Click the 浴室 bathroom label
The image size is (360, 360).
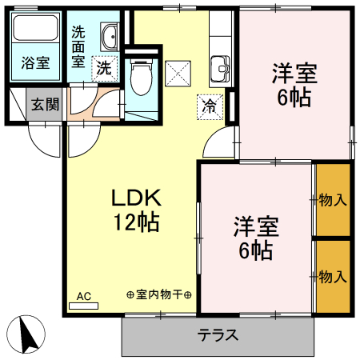(35, 62)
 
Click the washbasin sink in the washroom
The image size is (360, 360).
(110, 37)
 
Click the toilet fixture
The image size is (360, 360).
(140, 78)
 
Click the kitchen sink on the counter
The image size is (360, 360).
(218, 69)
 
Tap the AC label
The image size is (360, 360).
(84, 297)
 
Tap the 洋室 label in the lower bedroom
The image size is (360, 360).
(255, 227)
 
